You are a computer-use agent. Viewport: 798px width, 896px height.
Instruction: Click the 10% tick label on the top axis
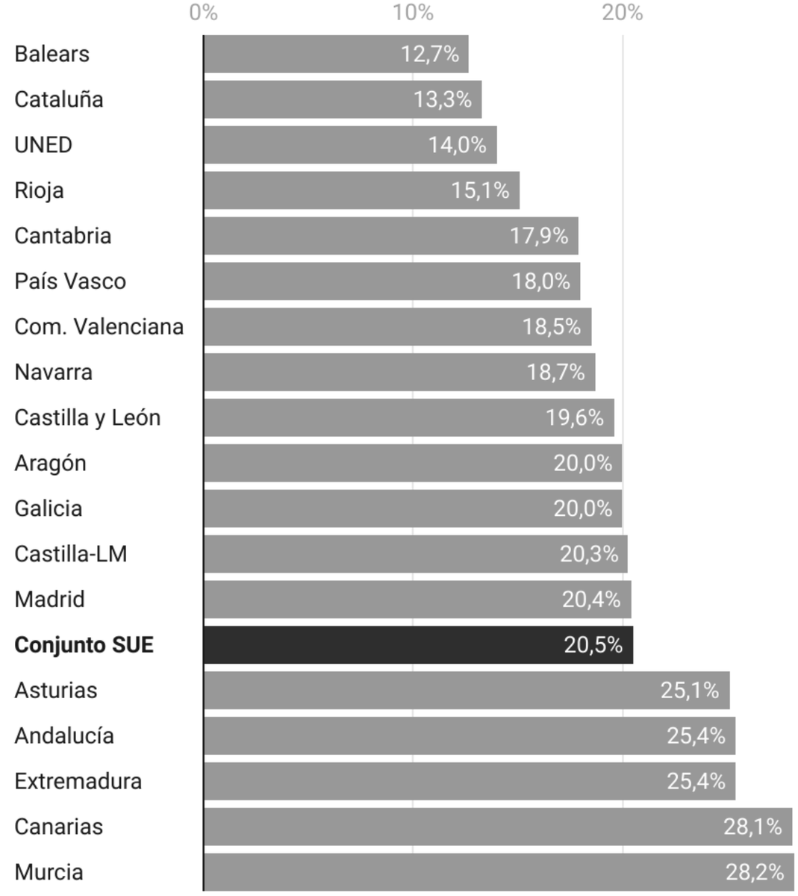pos(413,13)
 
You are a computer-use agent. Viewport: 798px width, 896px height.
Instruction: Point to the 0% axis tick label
pos(203,13)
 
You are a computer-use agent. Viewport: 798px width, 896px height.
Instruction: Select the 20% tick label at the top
pos(623,13)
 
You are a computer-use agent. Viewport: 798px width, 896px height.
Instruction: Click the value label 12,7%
pos(430,54)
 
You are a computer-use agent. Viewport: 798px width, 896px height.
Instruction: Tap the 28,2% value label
pos(755,872)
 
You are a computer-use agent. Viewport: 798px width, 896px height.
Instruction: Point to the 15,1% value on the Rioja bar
pos(480,190)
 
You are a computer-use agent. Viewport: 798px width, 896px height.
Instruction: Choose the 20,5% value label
pos(593,645)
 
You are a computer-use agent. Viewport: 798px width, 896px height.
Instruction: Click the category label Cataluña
pos(59,99)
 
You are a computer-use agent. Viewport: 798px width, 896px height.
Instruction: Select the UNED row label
pos(43,145)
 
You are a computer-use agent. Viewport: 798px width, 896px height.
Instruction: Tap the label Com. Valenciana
pos(99,327)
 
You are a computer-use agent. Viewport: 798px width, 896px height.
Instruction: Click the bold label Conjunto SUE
pos(84,645)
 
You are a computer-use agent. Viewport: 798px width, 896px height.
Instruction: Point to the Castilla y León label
pos(87,417)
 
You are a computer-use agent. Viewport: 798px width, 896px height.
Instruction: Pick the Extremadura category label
pos(78,781)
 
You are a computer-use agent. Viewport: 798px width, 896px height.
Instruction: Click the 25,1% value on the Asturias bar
pos(690,691)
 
